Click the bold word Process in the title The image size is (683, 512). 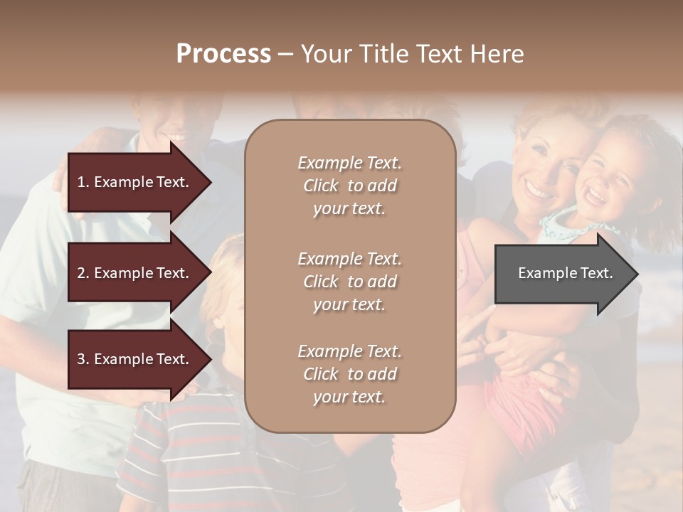point(223,54)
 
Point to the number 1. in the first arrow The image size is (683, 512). point(83,182)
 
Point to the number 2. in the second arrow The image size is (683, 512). point(83,273)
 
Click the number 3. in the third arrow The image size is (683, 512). point(83,359)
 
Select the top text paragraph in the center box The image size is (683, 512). point(349,186)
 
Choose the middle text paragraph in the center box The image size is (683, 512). point(349,282)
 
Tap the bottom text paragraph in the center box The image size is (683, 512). point(349,374)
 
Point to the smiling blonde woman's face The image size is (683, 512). point(548,171)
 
